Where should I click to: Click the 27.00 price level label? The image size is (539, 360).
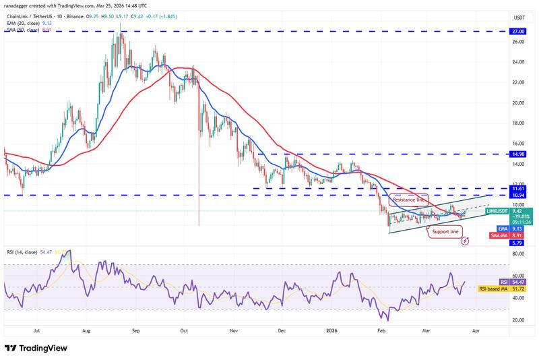519,31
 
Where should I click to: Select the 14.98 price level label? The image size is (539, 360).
519,154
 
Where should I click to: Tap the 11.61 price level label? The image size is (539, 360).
519,188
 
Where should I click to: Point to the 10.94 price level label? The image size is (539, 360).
519,195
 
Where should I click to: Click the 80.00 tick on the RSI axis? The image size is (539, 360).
519,254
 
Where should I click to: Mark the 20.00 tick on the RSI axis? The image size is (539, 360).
519,320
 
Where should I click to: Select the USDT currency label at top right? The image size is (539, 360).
519,18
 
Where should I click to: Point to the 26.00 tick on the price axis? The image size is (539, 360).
519,42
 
